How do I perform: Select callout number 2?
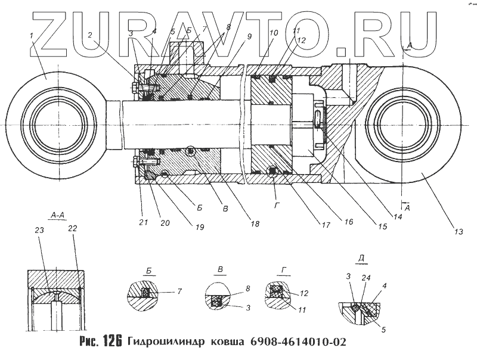(89, 35)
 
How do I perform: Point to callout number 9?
(249, 36)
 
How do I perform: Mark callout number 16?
(349, 222)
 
